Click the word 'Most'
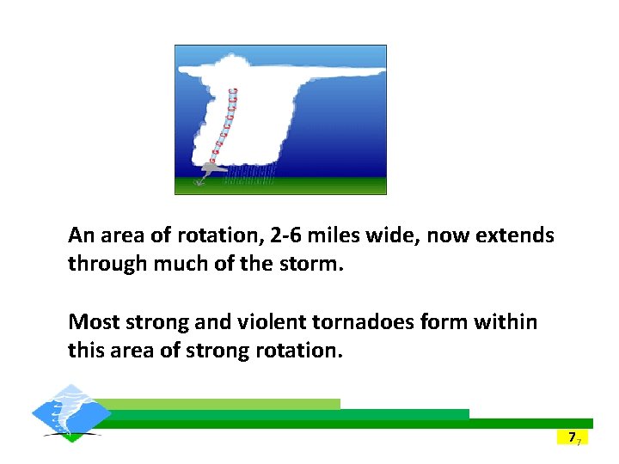94,322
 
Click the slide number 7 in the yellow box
571,437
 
